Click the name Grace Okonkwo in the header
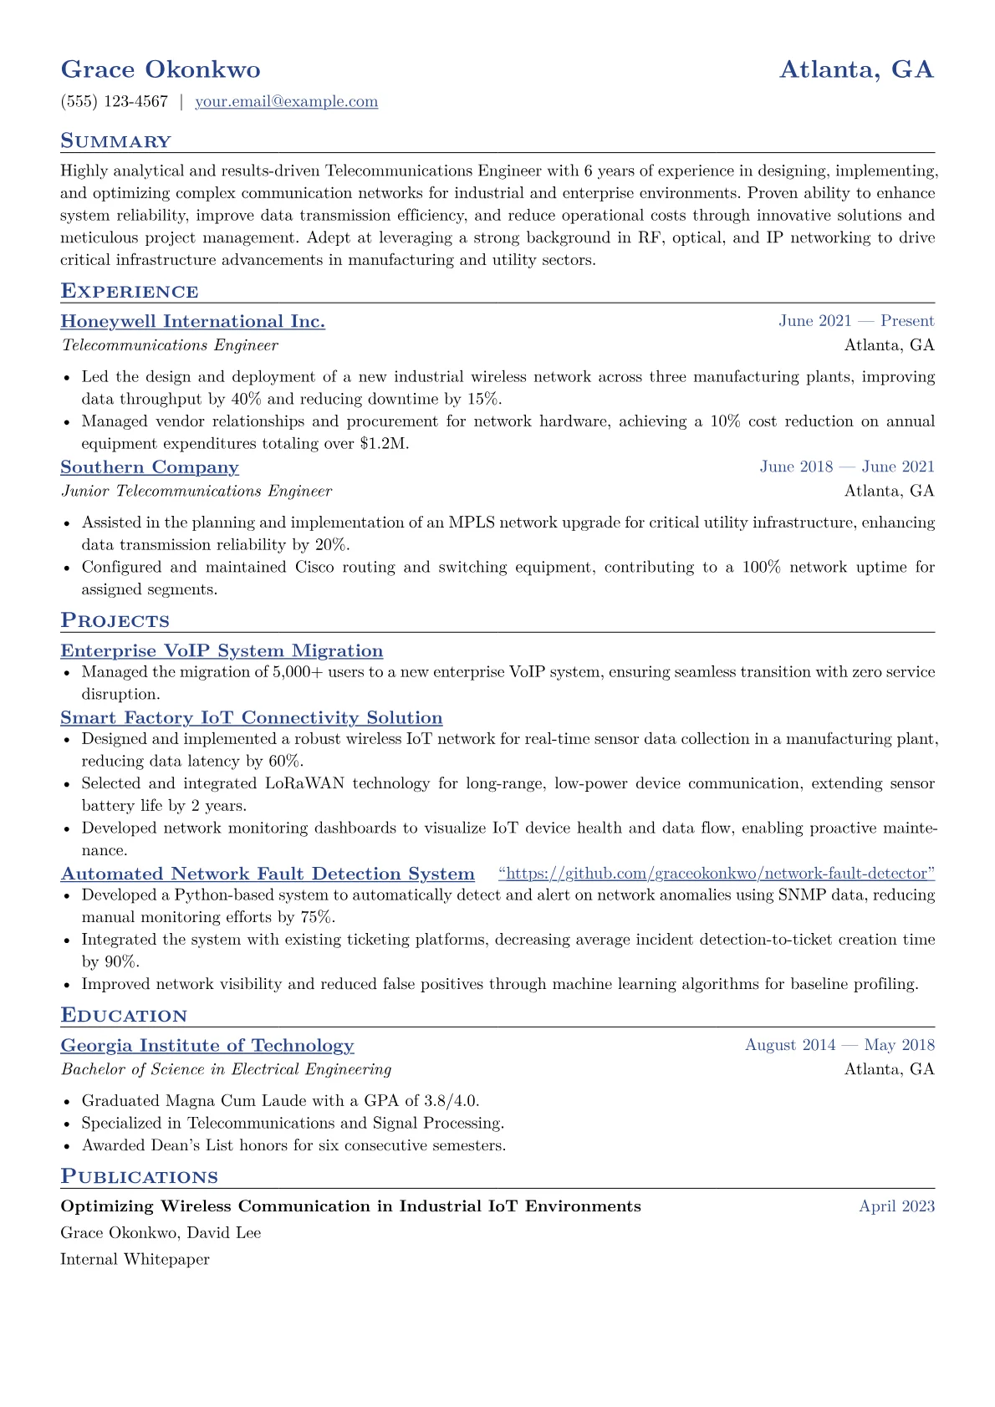pyautogui.click(x=161, y=69)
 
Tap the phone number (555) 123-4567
pyautogui.click(x=115, y=102)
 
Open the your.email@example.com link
pyautogui.click(x=286, y=102)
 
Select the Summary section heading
pyautogui.click(x=115, y=141)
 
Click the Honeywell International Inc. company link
pyautogui.click(x=193, y=322)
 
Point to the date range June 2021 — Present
pyautogui.click(x=856, y=321)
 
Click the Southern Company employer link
pyautogui.click(x=150, y=467)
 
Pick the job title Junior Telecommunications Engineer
pyautogui.click(x=196, y=492)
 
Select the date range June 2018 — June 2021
pyautogui.click(x=846, y=466)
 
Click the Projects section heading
pyautogui.click(x=115, y=620)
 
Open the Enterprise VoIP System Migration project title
pyautogui.click(x=222, y=651)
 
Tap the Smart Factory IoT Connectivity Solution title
pyautogui.click(x=252, y=718)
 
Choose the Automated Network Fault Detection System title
pyautogui.click(x=268, y=874)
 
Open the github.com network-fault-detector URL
pyautogui.click(x=717, y=874)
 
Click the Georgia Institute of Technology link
pyautogui.click(x=207, y=1046)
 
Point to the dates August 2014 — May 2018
pyautogui.click(x=839, y=1045)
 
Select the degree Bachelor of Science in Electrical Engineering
pyautogui.click(x=226, y=1069)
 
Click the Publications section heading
pyautogui.click(x=139, y=1177)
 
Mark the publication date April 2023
pyautogui.click(x=896, y=1206)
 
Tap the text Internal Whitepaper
pyautogui.click(x=135, y=1259)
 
